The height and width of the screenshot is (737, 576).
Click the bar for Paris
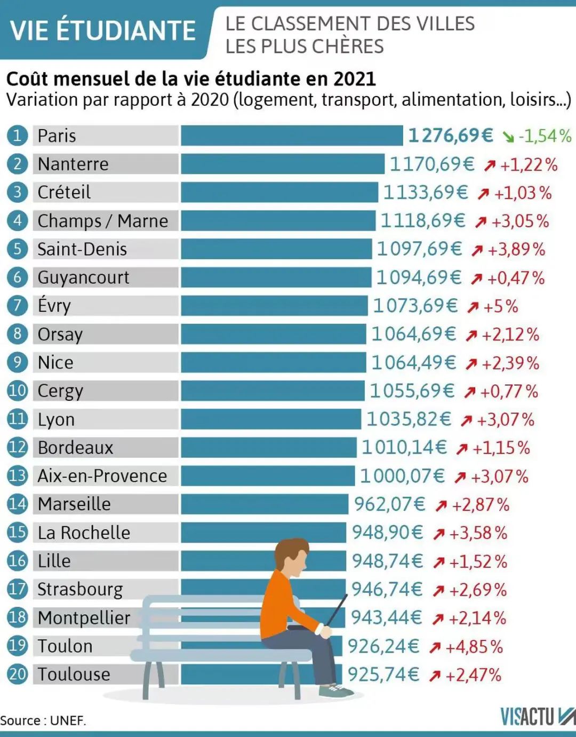click(292, 136)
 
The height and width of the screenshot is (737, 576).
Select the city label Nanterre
click(73, 164)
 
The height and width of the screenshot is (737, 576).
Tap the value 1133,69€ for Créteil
click(426, 192)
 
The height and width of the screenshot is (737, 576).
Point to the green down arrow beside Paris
click(508, 137)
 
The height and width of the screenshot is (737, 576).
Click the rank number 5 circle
click(17, 249)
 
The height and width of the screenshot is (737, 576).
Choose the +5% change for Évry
click(500, 306)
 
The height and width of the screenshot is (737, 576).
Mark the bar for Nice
click(273, 362)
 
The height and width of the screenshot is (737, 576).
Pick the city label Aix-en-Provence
click(102, 476)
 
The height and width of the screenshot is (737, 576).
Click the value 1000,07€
click(402, 476)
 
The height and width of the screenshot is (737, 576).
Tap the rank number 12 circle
click(17, 447)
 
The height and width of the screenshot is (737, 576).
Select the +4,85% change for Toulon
click(474, 647)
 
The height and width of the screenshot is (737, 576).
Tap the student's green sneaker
click(334, 691)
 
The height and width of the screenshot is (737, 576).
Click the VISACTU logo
click(535, 717)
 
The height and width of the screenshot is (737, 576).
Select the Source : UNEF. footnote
click(43, 720)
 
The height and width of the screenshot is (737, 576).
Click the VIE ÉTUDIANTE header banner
click(103, 30)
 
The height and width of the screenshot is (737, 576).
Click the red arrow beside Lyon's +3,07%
click(466, 421)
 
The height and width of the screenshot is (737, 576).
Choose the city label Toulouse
click(74, 674)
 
